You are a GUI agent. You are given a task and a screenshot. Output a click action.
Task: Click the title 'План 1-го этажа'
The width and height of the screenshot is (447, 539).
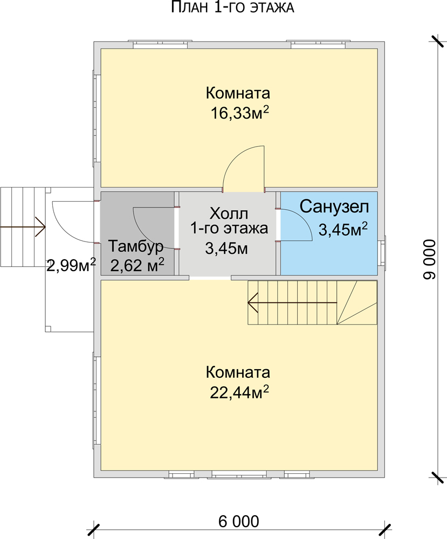[x=233, y=8]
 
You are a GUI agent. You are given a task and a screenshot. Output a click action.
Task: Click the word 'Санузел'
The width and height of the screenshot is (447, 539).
[x=335, y=206]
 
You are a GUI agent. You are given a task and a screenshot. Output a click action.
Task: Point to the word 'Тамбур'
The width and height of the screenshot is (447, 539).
[x=136, y=247]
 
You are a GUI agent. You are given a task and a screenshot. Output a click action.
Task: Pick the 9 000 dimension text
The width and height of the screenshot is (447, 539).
[x=430, y=259]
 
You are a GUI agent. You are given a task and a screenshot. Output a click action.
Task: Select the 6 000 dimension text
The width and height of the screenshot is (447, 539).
[x=238, y=521]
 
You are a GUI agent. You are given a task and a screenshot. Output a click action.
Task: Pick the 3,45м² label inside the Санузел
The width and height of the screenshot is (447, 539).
[x=343, y=230]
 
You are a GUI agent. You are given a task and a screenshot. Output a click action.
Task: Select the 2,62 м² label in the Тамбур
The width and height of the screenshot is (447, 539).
[x=137, y=265]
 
